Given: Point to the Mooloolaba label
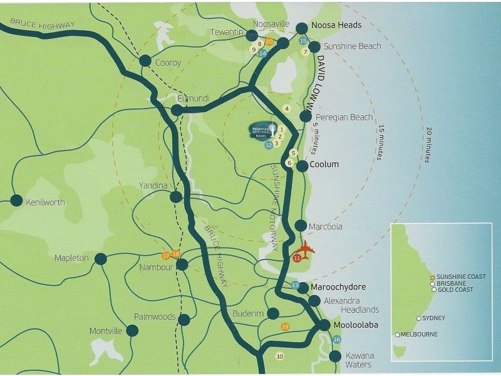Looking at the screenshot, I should click(356, 326).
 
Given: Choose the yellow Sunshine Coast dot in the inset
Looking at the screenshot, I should click(432, 277).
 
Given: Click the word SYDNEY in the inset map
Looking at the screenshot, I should click(433, 318).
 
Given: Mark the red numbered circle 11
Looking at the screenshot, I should click(296, 258).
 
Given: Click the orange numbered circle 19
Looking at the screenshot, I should click(285, 326).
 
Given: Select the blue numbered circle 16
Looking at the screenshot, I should click(337, 340).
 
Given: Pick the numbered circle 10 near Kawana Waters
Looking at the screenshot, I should click(279, 356).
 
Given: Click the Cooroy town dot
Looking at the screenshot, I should click(145, 61).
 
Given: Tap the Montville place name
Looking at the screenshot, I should click(105, 331).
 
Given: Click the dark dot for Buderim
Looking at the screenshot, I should click(273, 313).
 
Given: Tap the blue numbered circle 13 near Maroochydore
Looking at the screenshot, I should click(296, 286).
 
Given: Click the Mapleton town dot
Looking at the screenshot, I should click(100, 258).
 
